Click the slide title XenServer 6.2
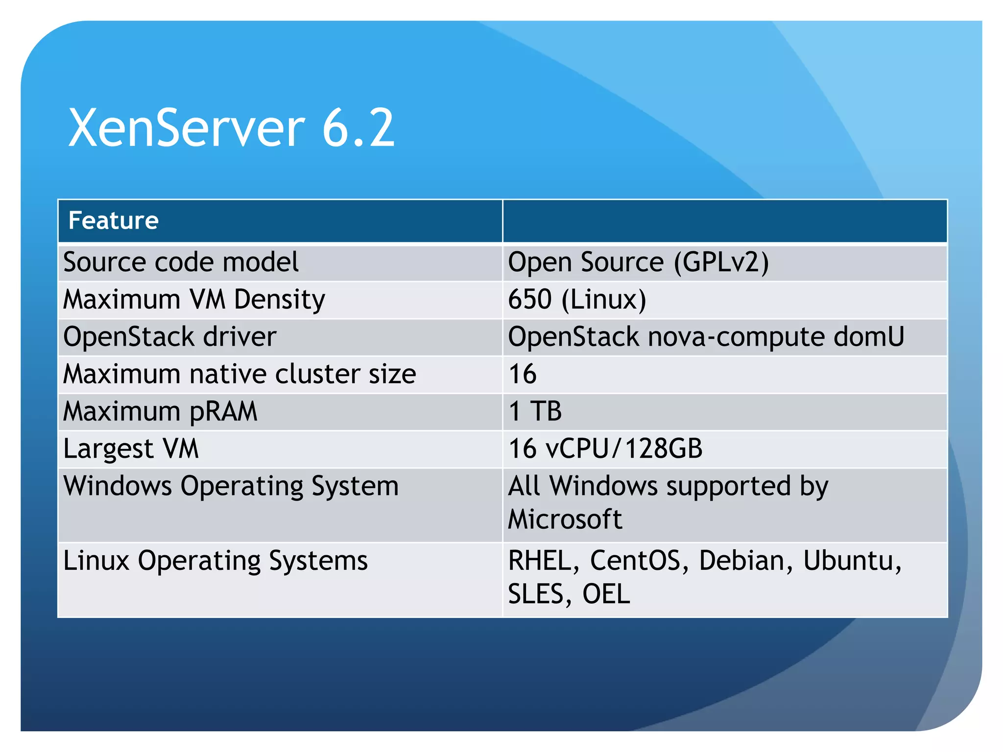point(231,128)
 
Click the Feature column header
point(114,220)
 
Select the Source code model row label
point(181,262)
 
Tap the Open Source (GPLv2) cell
point(638,262)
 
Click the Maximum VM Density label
point(194,299)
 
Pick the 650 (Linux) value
point(577,299)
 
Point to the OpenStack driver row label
point(170,337)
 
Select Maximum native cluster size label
point(239,374)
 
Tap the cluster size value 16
point(523,374)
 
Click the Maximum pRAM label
point(160,411)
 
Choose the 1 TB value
point(535,411)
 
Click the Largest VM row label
point(131,448)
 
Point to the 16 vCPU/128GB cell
point(605,448)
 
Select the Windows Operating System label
point(231,486)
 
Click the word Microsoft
point(565,519)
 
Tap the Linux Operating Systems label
point(215,561)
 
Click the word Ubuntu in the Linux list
point(851,561)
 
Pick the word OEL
point(606,594)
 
